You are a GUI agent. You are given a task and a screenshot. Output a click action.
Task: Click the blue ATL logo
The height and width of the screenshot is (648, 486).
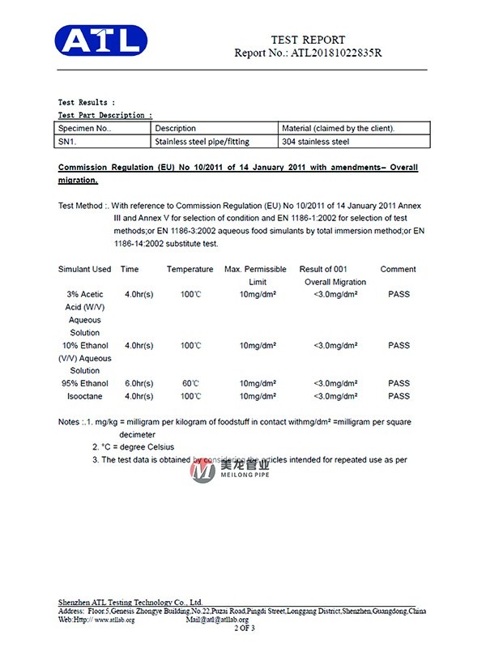click(100, 40)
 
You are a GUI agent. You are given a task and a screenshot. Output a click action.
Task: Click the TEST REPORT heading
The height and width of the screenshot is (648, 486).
click(308, 40)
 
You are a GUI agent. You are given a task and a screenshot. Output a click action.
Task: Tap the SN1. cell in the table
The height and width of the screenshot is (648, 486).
click(66, 142)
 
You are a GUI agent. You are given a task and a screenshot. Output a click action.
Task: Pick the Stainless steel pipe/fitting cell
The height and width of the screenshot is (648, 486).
click(202, 142)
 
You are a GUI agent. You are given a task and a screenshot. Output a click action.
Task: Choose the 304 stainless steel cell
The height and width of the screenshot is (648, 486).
click(315, 142)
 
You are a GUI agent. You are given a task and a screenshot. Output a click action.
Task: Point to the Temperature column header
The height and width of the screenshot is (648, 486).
click(190, 269)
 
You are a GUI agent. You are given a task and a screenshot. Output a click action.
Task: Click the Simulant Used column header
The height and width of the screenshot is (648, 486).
click(85, 269)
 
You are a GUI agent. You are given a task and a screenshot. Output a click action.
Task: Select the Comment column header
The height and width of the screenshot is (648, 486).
click(399, 269)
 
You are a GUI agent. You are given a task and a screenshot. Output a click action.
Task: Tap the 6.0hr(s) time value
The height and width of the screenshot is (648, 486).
click(139, 383)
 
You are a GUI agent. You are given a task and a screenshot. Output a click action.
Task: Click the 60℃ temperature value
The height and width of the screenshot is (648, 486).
click(190, 383)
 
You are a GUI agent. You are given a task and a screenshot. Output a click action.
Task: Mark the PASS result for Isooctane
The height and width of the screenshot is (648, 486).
click(399, 396)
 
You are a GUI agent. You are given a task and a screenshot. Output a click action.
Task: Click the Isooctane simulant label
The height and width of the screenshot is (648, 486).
click(85, 396)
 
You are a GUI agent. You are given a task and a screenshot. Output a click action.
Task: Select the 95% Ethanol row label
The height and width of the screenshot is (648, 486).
click(85, 383)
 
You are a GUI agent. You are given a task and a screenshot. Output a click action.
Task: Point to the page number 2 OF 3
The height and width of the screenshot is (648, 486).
click(244, 628)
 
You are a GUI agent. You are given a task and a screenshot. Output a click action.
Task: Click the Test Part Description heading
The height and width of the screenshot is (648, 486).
click(104, 115)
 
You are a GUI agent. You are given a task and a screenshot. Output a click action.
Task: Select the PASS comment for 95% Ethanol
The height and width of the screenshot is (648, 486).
click(399, 383)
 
